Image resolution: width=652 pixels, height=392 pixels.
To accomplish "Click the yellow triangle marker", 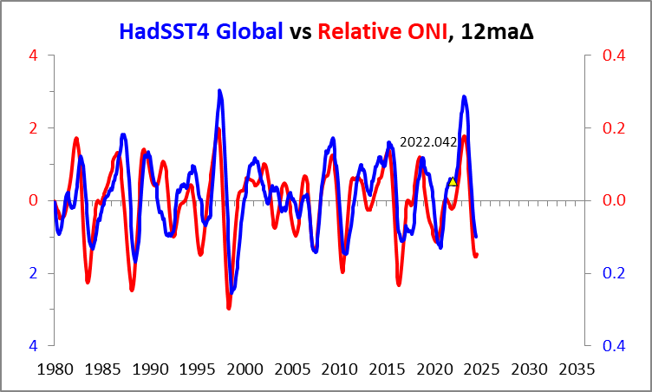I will coord(453,180).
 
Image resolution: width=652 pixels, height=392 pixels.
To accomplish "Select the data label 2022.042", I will coord(427,141).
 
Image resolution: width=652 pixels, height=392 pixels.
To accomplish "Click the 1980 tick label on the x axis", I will coord(54,369).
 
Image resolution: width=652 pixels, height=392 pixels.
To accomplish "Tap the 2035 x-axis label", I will coord(576,369).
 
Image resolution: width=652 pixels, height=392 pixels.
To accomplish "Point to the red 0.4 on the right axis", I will coord(613,56).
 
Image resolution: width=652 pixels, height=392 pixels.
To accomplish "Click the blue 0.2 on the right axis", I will coord(613,273).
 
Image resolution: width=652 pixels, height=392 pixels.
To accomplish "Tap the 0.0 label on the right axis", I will coord(613,200).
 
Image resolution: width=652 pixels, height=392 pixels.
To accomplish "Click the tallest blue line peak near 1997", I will coord(219,90).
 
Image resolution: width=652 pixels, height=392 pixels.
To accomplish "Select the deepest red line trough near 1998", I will coord(229,307).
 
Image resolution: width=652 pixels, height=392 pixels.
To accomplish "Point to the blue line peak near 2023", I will coord(464,97).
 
